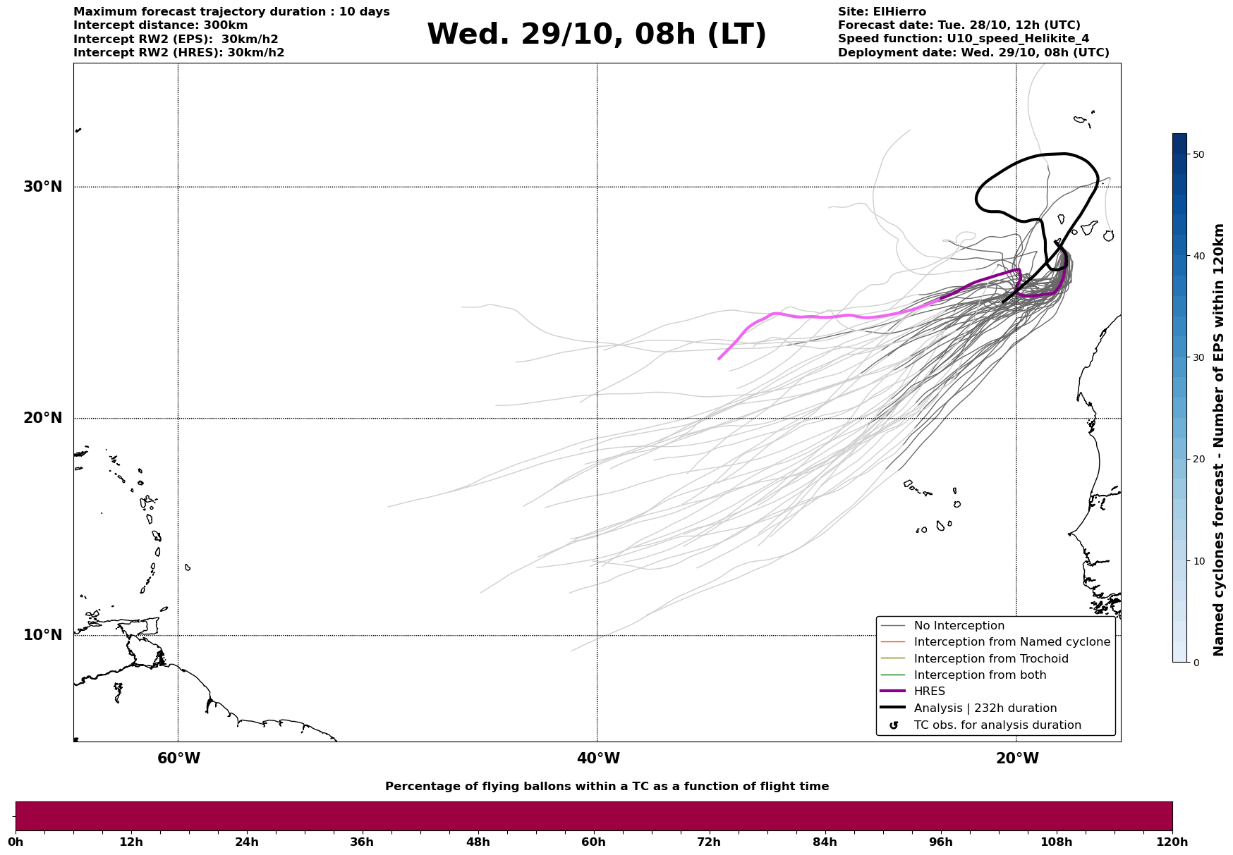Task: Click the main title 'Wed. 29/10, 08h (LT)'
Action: point(596,35)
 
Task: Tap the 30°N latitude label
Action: point(43,187)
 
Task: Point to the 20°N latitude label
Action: point(43,418)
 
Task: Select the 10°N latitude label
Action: point(43,635)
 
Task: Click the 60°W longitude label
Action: point(178,758)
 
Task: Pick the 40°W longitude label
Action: point(598,758)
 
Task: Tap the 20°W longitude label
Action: point(1017,758)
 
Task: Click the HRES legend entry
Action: point(929,691)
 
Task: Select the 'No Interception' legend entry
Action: point(959,626)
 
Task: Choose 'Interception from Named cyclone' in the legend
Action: point(1012,642)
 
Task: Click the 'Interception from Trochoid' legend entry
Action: point(990,659)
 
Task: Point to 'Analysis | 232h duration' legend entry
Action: point(985,708)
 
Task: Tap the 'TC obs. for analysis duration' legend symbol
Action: point(894,725)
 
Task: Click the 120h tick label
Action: point(1172,842)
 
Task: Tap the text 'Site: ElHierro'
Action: point(882,12)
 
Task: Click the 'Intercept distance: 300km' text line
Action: point(161,25)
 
